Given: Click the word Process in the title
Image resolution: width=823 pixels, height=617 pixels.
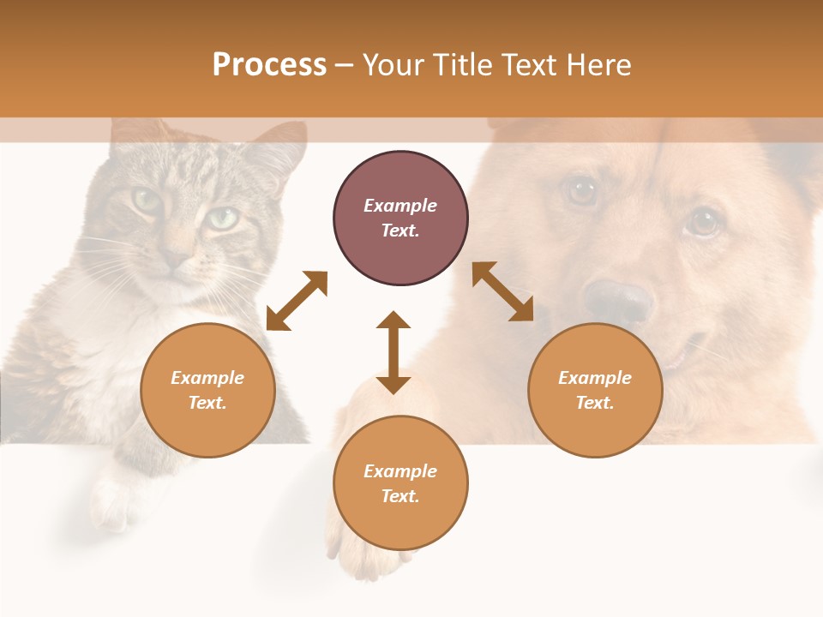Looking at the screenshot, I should click(269, 65).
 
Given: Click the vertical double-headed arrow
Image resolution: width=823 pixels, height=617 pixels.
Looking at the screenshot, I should click(393, 352).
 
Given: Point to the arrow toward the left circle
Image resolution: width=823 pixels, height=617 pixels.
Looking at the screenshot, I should click(297, 301).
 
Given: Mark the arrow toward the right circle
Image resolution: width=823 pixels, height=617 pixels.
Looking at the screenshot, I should click(503, 292).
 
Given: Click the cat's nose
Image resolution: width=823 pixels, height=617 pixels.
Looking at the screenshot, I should click(177, 256).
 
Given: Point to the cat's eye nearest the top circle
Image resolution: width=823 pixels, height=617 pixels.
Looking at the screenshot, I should click(223, 218).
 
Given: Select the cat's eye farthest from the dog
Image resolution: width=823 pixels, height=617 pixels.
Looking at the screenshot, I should click(146, 201).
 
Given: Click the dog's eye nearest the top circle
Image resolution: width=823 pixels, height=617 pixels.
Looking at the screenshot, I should click(583, 190).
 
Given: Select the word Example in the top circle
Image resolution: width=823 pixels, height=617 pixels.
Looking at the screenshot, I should click(400, 206).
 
